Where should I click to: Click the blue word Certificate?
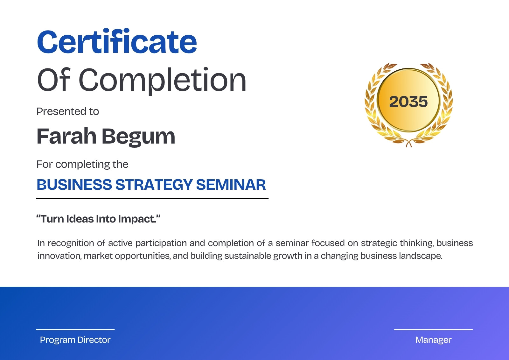(x=117, y=41)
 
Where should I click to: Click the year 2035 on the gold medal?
(x=408, y=102)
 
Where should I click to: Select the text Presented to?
(x=68, y=111)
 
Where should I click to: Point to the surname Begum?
(x=138, y=137)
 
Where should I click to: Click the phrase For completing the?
(x=82, y=164)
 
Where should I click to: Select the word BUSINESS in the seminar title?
(x=74, y=184)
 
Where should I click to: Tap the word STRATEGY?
(x=154, y=184)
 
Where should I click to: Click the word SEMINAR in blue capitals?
(x=231, y=184)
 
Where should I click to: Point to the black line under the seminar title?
(x=152, y=199)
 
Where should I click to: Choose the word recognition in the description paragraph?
(x=71, y=243)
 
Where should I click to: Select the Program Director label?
(x=75, y=340)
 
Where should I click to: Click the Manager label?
(x=433, y=340)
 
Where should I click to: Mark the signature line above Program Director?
(x=75, y=329)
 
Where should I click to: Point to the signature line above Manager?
(x=433, y=329)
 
